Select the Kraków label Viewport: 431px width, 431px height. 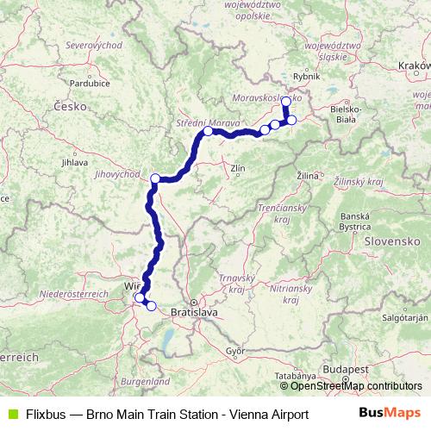415,65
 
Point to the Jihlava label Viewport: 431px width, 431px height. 75,161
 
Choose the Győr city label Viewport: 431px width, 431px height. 235,351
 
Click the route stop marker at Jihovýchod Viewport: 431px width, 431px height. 155,178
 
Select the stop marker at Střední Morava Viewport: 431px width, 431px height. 208,132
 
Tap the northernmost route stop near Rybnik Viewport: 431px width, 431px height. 286,101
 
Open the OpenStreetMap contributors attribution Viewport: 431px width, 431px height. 356,386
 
